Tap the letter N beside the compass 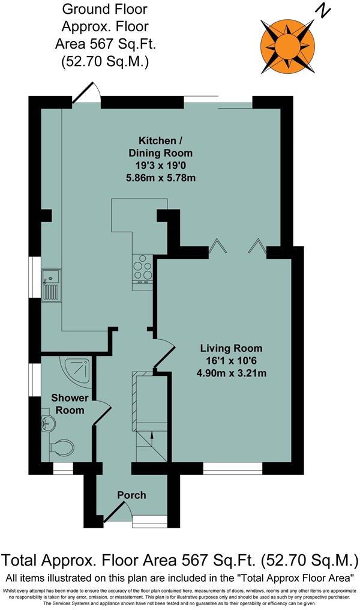coord(325,11)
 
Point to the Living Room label coord(231,348)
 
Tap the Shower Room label coord(69,403)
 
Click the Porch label coord(131,495)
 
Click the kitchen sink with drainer coord(50,285)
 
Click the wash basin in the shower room coord(47,424)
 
